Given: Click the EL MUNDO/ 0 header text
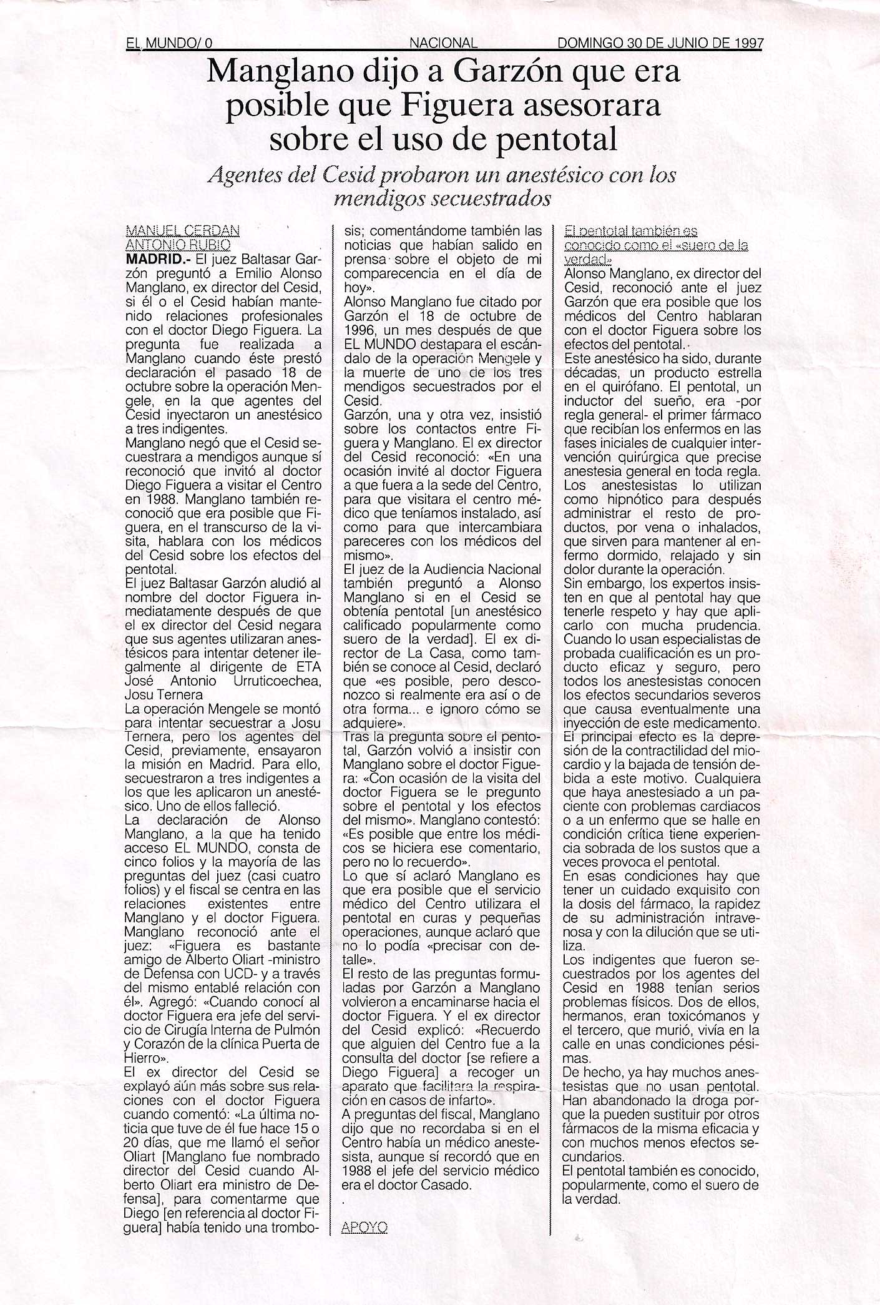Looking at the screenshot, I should [x=169, y=43].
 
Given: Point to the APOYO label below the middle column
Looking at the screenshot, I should [x=364, y=1228].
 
